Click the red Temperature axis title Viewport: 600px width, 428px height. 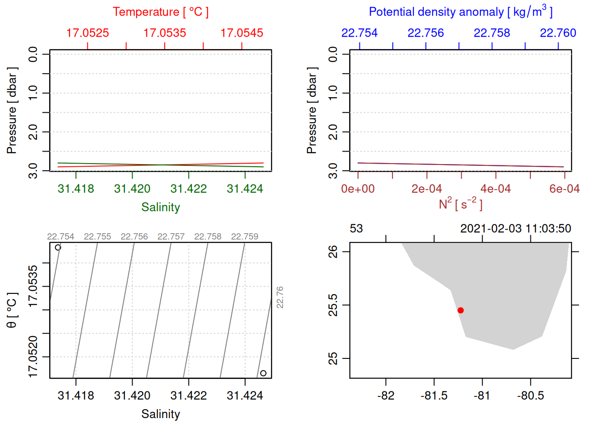160,12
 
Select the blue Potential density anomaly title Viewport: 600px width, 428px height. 460,12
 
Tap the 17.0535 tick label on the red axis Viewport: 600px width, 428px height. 165,33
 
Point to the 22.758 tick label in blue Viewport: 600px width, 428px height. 492,33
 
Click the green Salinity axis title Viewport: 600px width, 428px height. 160,207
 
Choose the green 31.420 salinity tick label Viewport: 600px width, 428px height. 132,189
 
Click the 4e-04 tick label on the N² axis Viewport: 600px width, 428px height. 496,189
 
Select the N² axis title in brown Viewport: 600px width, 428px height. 460,204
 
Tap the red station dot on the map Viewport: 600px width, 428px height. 460,310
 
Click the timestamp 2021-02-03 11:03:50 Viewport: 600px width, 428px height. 516,229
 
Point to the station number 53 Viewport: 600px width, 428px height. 356,229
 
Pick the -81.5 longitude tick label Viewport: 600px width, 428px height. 434,396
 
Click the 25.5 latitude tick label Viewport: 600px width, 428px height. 333,305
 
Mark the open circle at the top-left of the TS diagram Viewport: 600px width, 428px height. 58,247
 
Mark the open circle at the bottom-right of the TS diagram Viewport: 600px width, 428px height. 263,373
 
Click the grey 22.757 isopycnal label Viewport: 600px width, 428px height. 171,237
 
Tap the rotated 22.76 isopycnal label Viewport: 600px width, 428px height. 280,297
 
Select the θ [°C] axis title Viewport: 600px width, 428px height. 12,310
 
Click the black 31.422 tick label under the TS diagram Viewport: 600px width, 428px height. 188,396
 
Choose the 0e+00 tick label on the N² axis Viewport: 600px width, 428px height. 358,189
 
